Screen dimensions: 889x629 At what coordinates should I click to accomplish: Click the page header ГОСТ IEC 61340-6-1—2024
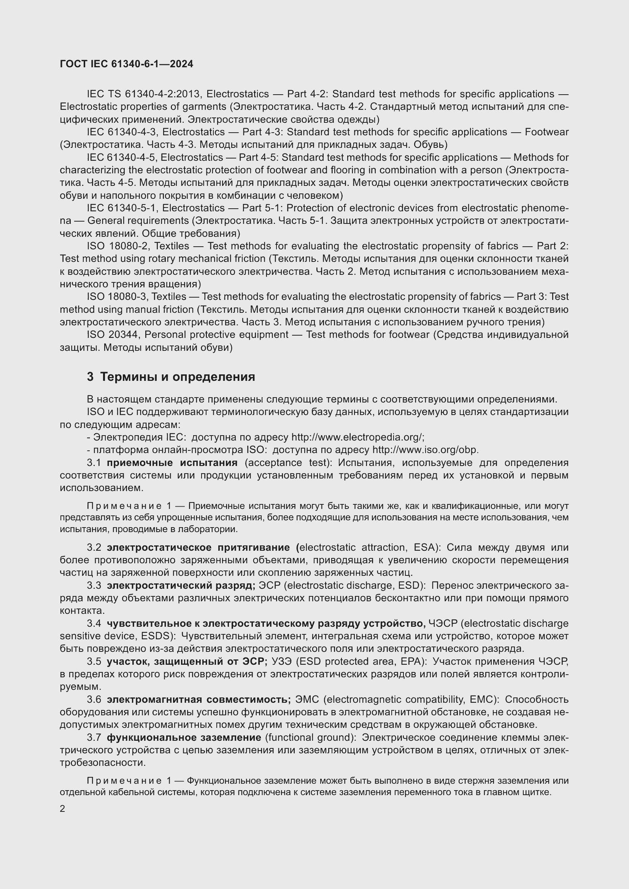point(127,64)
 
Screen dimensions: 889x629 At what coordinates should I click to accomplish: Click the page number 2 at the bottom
point(63,809)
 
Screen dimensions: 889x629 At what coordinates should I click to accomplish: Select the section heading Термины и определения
point(177,377)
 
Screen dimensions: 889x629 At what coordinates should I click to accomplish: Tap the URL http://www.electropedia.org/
point(357,437)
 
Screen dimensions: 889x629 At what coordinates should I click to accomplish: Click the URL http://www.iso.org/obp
point(425,450)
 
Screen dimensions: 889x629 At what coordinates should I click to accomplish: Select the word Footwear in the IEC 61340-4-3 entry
point(546,132)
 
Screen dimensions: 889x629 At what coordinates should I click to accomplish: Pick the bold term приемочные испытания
point(172,463)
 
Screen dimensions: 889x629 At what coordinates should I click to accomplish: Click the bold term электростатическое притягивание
point(198,547)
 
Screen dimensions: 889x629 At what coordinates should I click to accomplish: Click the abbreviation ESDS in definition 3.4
point(160,636)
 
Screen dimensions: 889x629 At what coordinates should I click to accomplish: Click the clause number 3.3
point(94,585)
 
